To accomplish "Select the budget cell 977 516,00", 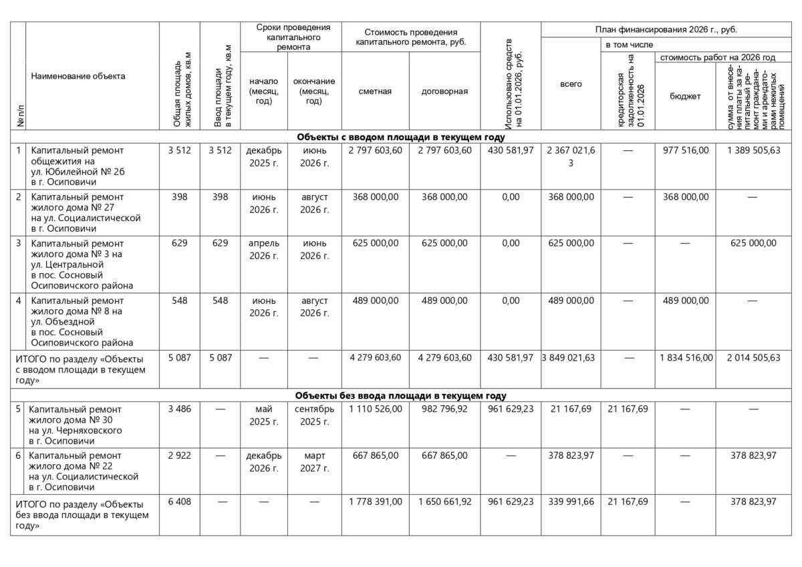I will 685,150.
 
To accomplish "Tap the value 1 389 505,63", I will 754,150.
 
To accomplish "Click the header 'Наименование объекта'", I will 78,76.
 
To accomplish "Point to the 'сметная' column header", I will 375,91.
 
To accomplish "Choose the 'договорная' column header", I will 444,91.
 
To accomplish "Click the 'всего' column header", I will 570,84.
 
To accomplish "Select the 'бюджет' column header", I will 685,96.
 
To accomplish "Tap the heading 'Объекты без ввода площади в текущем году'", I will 400,395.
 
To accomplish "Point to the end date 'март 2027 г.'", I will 314,461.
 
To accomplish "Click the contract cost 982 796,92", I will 444,409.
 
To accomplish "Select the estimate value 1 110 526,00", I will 375,409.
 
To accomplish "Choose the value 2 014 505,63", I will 754,358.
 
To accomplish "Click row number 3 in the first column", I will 19,242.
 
